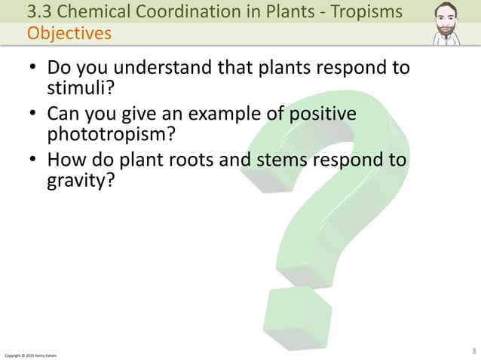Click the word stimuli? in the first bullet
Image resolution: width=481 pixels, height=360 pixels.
pyautogui.click(x=79, y=90)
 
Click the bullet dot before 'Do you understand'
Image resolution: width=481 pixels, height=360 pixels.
pyautogui.click(x=32, y=69)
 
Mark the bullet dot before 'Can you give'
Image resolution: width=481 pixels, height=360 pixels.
pyautogui.click(x=32, y=115)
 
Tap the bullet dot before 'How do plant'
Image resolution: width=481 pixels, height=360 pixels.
pyautogui.click(x=32, y=161)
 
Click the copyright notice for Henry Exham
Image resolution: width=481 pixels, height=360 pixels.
pyautogui.click(x=30, y=354)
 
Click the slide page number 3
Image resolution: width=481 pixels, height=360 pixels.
pyautogui.click(x=473, y=349)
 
